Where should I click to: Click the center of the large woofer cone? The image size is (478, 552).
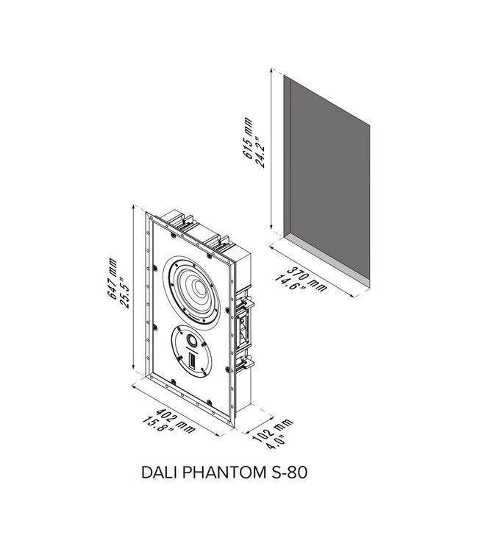click(x=198, y=289)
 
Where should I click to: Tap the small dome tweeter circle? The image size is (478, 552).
click(x=193, y=341)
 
